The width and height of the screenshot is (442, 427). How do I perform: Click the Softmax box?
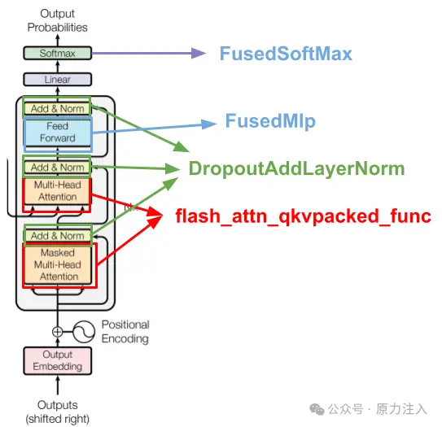pyautogui.click(x=58, y=53)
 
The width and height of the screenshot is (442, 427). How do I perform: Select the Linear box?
pyautogui.click(x=58, y=79)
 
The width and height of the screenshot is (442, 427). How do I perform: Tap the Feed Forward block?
pyautogui.click(x=58, y=132)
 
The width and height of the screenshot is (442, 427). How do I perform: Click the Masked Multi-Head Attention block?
pyautogui.click(x=58, y=265)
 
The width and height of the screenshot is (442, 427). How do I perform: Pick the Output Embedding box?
pyautogui.click(x=58, y=361)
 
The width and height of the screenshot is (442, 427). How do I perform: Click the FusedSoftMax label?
pyautogui.click(x=286, y=54)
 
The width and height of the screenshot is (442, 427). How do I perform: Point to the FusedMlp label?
pyautogui.click(x=270, y=121)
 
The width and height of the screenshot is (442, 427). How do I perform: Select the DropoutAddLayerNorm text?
pyautogui.click(x=296, y=168)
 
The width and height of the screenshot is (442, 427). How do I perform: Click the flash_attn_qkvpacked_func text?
pyautogui.click(x=304, y=216)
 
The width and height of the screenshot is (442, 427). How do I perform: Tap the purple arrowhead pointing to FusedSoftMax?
pyautogui.click(x=199, y=53)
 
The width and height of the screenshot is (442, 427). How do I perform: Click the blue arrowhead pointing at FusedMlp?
pyautogui.click(x=209, y=124)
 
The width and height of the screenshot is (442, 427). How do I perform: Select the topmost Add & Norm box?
pyautogui.click(x=58, y=108)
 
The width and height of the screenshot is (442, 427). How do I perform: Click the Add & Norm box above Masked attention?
pyautogui.click(x=58, y=236)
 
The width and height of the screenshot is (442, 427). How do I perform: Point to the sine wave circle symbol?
pyautogui.click(x=84, y=332)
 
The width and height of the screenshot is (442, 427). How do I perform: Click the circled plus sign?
pyautogui.click(x=58, y=332)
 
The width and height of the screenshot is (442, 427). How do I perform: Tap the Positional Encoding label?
pyautogui.click(x=125, y=332)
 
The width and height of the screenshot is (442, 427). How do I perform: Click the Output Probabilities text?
pyautogui.click(x=58, y=20)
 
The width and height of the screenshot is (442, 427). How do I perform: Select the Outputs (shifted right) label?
pyautogui.click(x=58, y=412)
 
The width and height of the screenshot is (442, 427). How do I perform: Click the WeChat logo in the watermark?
pyautogui.click(x=317, y=409)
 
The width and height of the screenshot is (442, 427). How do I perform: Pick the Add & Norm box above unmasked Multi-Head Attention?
pyautogui.click(x=58, y=168)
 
